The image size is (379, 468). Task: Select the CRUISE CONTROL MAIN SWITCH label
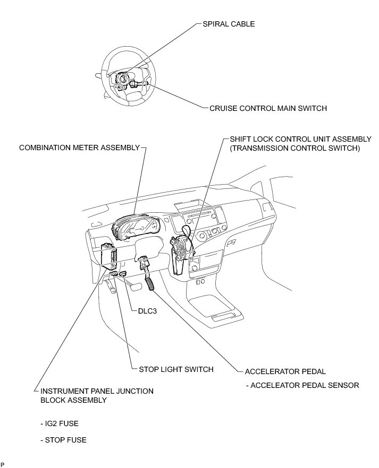[268, 108]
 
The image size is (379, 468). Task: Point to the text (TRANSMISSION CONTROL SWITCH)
[295, 149]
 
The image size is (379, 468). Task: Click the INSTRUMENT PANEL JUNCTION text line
[97, 391]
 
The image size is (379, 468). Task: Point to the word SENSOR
[341, 385]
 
